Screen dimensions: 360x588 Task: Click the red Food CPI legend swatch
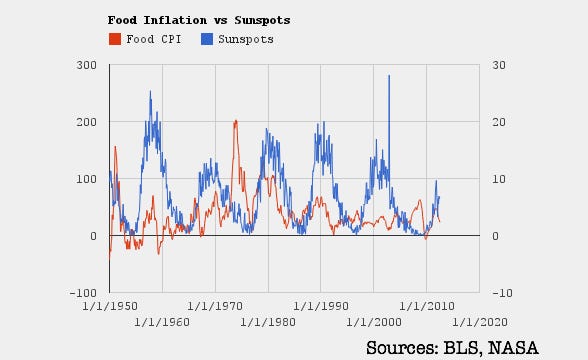(114, 39)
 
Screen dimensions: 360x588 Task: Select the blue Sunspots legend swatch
(207, 39)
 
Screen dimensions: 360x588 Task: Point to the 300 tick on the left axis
(87, 65)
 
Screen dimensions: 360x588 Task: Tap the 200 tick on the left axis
(87, 122)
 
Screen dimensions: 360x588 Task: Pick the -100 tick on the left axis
(84, 293)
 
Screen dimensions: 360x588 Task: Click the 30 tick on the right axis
(491, 65)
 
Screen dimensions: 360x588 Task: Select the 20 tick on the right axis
(491, 122)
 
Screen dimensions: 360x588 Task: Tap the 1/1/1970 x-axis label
(215, 305)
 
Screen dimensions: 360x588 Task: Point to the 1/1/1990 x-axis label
(321, 305)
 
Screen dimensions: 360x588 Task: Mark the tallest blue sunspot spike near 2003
(389, 76)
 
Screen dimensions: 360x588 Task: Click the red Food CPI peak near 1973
(235, 121)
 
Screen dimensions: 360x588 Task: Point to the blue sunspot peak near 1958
(150, 92)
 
